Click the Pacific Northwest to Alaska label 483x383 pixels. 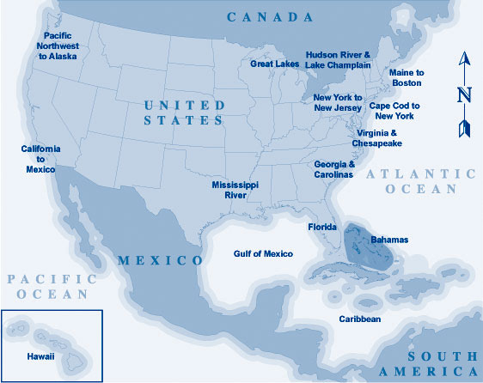point(58,46)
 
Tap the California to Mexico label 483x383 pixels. point(40,159)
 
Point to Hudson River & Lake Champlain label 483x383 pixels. point(338,59)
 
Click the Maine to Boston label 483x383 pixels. point(407,77)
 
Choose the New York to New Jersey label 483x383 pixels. point(338,103)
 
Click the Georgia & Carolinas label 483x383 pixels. point(334,168)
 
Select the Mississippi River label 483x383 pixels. point(235,190)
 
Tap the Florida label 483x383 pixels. point(322,228)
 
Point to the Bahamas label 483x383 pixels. point(390,239)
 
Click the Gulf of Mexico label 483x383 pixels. point(263,253)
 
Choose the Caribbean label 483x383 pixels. point(359,319)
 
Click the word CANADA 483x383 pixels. point(270,17)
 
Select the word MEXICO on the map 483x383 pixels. point(160,259)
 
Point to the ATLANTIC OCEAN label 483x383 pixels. point(421,181)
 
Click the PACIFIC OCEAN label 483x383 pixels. point(47,286)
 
